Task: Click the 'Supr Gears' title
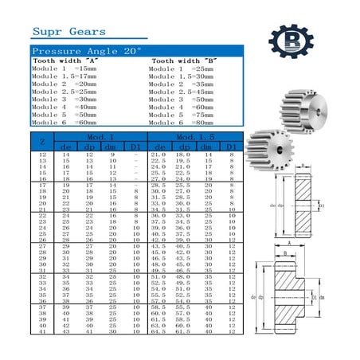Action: pos(68,32)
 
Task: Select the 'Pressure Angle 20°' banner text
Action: pos(87,51)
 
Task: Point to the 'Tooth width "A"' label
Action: pos(65,61)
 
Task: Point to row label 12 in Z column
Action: pos(42,154)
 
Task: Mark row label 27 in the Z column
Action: pos(42,246)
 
